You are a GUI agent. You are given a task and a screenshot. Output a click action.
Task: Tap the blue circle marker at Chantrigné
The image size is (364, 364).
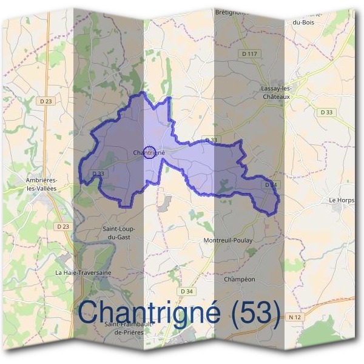[x=151, y=152]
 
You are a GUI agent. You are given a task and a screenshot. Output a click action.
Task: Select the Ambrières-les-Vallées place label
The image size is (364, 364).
[x=42, y=184]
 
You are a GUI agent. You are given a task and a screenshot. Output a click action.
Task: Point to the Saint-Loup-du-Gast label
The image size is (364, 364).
[x=119, y=232]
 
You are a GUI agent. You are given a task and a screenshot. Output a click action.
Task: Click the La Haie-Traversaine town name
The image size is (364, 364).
[x=83, y=272]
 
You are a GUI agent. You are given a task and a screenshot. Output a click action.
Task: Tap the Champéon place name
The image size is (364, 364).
[x=240, y=279]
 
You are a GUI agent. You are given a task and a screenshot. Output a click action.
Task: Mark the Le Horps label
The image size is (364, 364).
[x=341, y=200]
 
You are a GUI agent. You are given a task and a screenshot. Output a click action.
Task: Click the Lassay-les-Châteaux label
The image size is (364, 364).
[x=277, y=92]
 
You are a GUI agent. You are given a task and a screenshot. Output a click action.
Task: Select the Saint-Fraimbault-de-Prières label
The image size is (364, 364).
[x=127, y=328]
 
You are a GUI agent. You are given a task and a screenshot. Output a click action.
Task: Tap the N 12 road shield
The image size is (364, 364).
[x=295, y=317]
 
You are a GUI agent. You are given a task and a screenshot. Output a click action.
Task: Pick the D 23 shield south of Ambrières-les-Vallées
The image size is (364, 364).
[x=62, y=226]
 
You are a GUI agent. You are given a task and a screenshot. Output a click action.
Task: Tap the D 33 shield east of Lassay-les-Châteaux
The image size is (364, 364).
[x=326, y=112]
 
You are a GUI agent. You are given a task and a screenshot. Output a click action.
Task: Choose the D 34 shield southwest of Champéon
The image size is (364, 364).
[x=187, y=292]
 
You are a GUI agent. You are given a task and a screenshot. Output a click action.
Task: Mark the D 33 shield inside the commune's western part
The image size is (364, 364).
[x=98, y=174]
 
